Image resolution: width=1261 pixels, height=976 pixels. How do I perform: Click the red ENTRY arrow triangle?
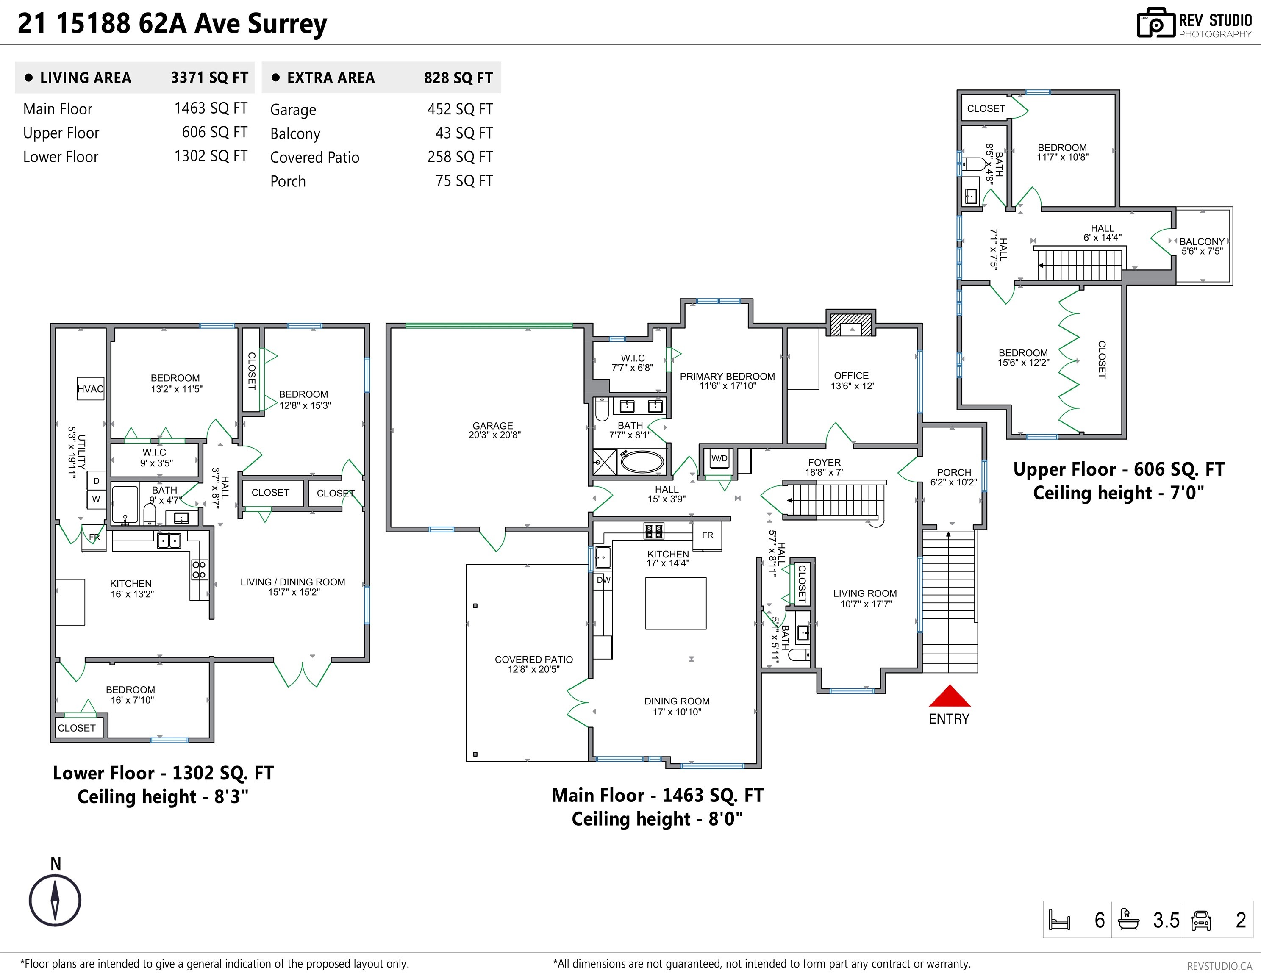click(x=949, y=697)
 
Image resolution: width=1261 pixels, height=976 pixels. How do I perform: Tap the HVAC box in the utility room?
click(x=90, y=388)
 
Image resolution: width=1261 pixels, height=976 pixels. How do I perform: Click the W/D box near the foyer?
click(x=719, y=459)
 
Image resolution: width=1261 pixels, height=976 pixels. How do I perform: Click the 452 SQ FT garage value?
click(x=460, y=109)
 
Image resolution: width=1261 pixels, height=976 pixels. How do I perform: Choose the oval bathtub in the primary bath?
click(x=642, y=462)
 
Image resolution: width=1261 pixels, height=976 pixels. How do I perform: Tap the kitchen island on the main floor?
click(x=675, y=603)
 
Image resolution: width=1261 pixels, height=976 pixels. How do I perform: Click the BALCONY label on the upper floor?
click(x=1202, y=241)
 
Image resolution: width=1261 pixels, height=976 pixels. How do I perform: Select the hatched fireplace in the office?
click(x=850, y=324)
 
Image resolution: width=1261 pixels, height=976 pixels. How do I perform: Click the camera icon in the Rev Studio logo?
click(x=1155, y=24)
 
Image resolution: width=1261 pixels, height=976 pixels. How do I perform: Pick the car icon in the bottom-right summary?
click(x=1201, y=920)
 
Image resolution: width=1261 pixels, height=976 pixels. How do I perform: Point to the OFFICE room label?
click(x=851, y=376)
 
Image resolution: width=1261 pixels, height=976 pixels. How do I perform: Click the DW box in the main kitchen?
click(x=603, y=580)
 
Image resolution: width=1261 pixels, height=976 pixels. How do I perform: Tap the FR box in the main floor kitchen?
click(x=707, y=535)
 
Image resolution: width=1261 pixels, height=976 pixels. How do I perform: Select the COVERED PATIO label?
click(x=533, y=659)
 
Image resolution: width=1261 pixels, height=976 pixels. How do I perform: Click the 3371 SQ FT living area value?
click(x=209, y=78)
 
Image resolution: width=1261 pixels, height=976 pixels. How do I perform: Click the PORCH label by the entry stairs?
click(x=954, y=472)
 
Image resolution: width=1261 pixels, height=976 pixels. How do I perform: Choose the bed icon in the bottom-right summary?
click(x=1059, y=920)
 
